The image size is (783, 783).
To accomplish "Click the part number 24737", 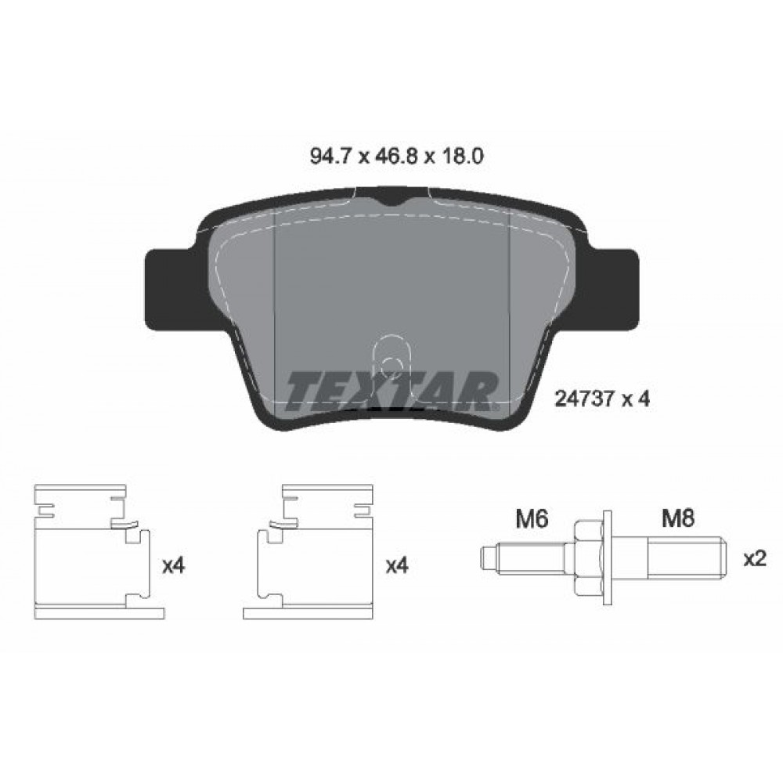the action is pos(584,399).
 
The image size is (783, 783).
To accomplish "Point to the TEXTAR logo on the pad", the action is pos(392,391).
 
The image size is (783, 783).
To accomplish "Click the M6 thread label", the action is pos(532,519).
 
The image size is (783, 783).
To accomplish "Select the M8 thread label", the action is pos(678,519).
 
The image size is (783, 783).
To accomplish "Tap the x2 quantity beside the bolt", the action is pos(755,559).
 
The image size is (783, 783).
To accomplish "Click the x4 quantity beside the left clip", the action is pos(174,566).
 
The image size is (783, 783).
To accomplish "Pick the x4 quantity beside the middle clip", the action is pos(398,566).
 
